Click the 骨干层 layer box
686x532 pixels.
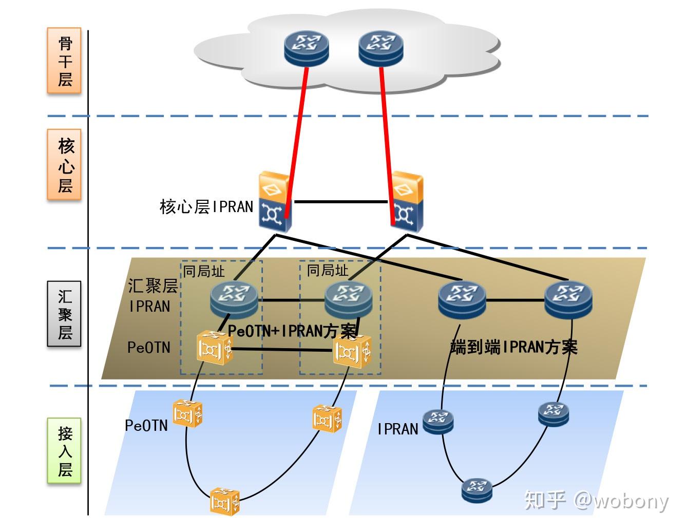tap(64, 61)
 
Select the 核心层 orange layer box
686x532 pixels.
tap(64, 164)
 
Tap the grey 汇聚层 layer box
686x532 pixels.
tap(64, 314)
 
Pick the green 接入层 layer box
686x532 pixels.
tap(64, 450)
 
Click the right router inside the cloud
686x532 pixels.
tap(380, 48)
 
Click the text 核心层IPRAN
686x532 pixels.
tap(206, 207)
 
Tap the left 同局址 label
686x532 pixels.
tap(204, 271)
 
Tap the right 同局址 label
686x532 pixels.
tap(327, 270)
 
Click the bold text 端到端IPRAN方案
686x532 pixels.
tap(513, 347)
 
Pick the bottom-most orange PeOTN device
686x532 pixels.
tap(225, 501)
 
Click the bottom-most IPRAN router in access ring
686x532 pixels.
tap(477, 490)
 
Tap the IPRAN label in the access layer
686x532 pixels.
tap(397, 429)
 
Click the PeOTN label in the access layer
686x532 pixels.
tap(146, 425)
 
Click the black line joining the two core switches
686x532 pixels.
tap(340, 202)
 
